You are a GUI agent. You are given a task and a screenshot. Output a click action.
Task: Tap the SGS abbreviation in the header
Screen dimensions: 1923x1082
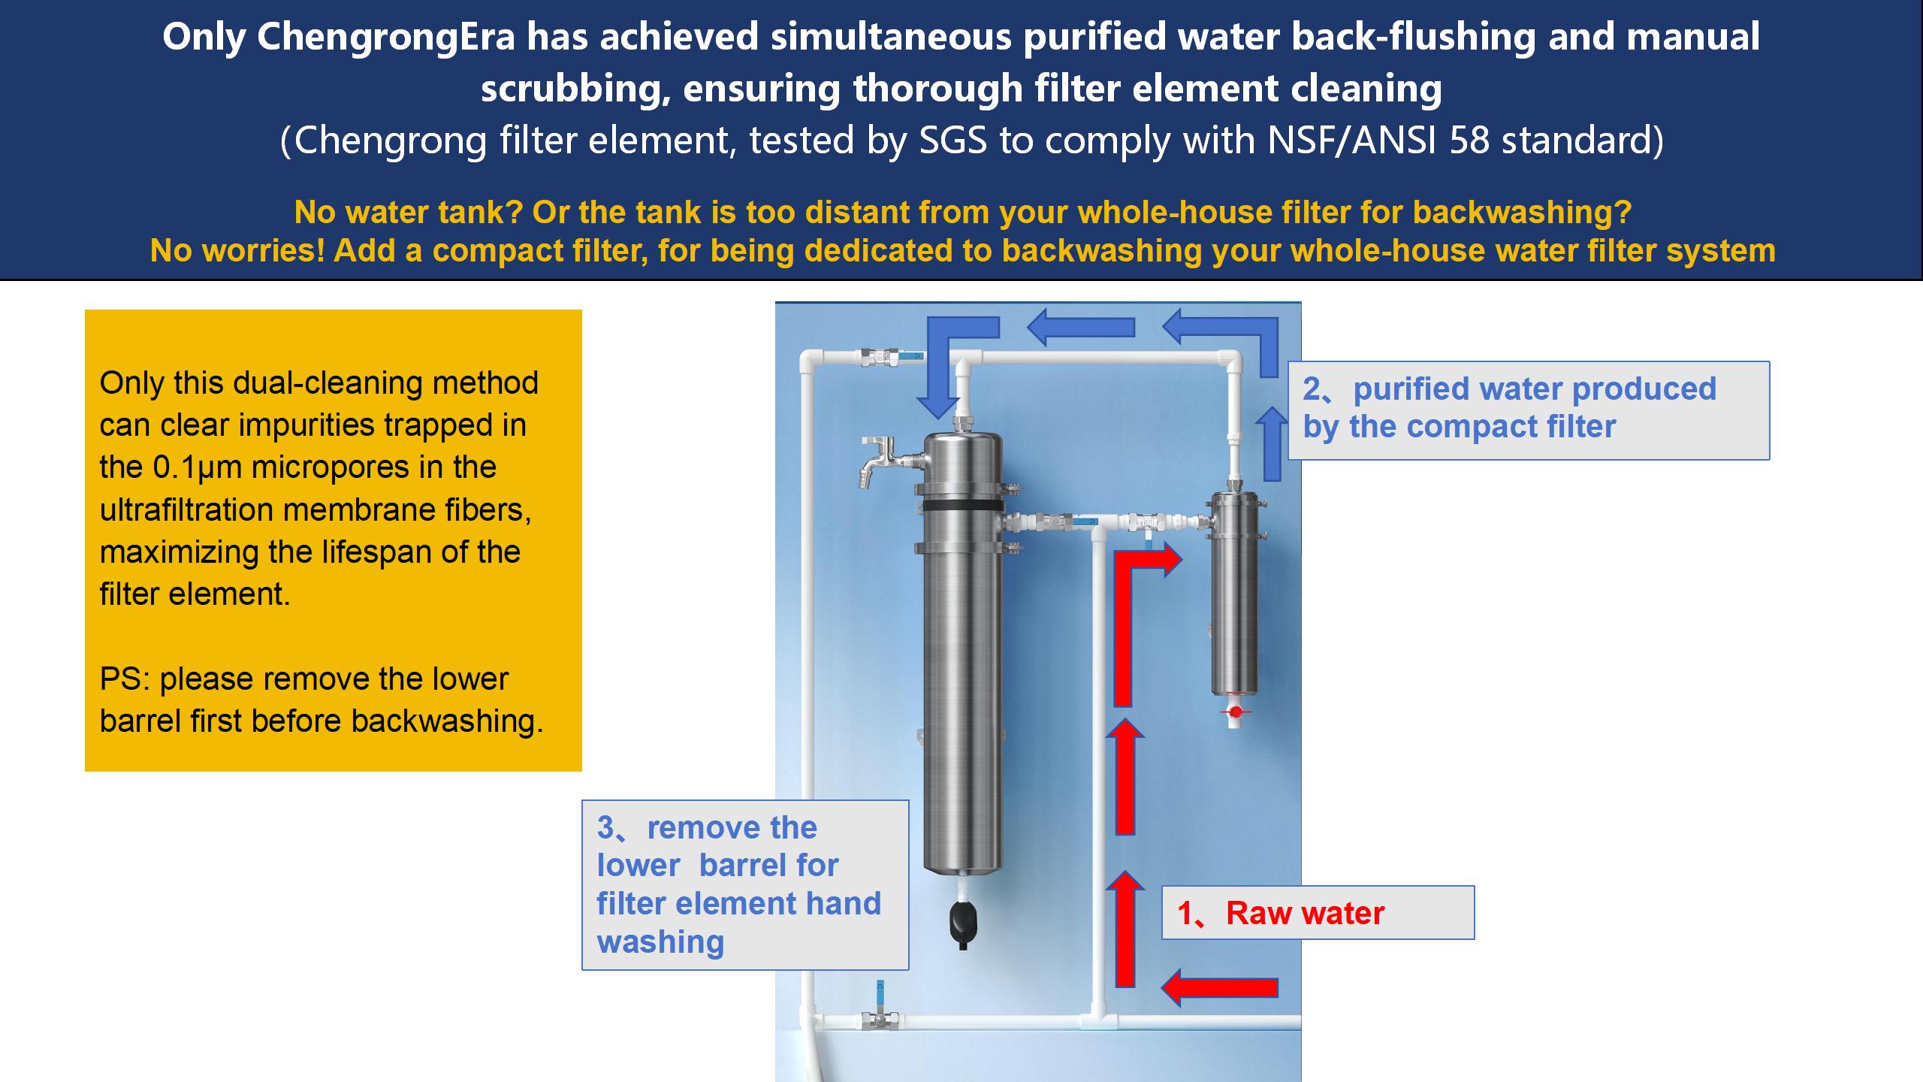(952, 141)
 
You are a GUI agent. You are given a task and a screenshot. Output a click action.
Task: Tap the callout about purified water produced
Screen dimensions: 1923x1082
(1529, 410)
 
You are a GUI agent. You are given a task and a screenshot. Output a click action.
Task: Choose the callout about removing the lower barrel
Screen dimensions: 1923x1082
(745, 885)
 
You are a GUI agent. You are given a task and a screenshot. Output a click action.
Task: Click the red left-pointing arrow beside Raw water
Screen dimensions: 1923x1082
(1219, 987)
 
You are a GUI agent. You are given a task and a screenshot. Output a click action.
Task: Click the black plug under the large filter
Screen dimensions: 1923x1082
(963, 923)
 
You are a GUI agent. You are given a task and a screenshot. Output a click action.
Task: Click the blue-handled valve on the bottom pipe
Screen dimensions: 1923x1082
(880, 1010)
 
